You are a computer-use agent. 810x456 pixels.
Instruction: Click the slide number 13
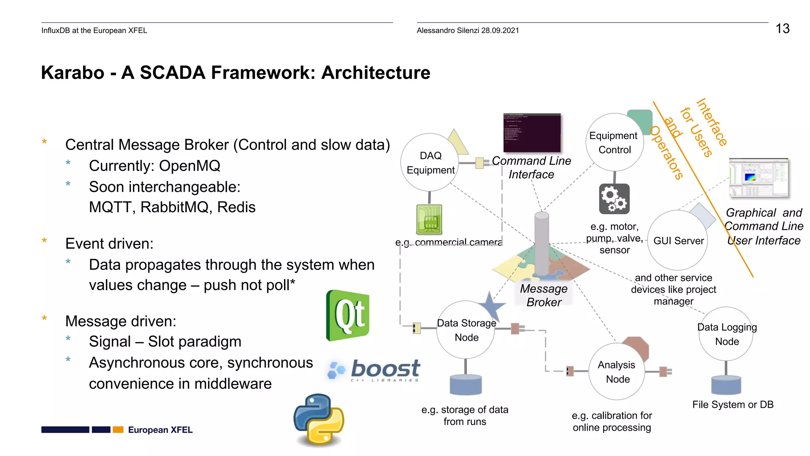coord(782,28)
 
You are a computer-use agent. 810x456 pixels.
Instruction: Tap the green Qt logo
coord(348,315)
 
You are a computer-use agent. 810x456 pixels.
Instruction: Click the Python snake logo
coord(319,420)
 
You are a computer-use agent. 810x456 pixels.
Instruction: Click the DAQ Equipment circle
coord(430,163)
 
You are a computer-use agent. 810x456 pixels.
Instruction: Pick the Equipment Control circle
coord(614,142)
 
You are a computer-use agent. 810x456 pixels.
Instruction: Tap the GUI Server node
coord(678,240)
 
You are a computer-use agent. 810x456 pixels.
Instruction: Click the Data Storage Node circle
coord(466,330)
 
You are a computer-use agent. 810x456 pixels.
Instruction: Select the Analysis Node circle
coord(617,372)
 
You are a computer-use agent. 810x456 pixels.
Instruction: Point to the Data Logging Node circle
coord(726,334)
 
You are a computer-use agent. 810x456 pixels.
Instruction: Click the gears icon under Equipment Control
coord(614,199)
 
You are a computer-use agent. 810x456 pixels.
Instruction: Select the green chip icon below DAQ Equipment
coord(429,219)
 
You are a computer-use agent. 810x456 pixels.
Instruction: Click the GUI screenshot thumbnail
coord(759,178)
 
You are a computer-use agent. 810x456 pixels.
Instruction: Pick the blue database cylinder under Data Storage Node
coord(466,385)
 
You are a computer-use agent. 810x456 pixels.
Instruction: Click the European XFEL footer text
coord(160,430)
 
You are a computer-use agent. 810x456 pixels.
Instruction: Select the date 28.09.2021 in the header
coord(500,30)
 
